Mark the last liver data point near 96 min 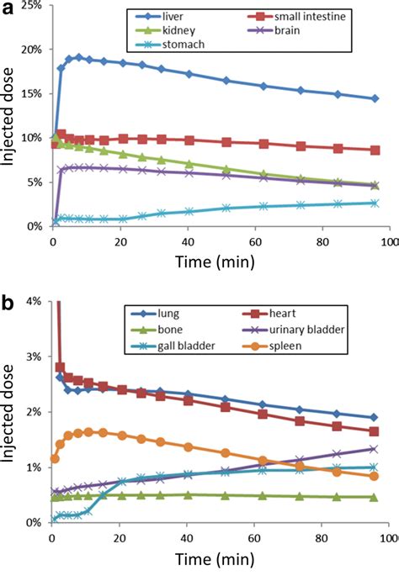375,98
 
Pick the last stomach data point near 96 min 375,203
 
